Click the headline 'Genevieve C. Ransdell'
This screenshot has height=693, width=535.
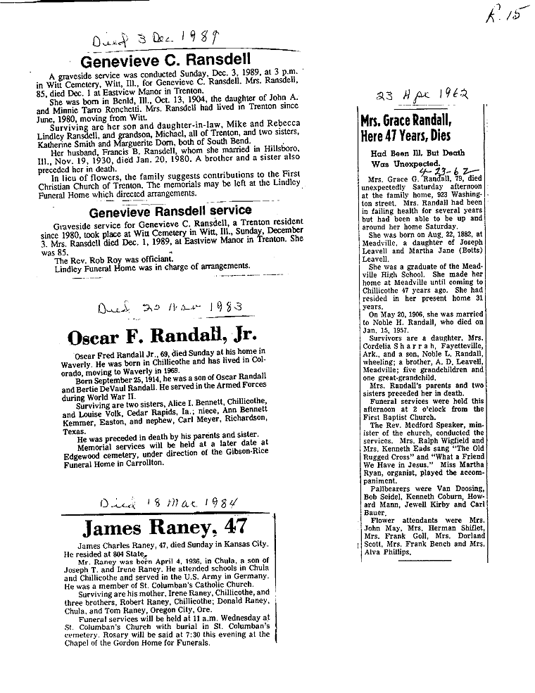point(167,61)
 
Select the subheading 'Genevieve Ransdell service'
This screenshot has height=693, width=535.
point(170,210)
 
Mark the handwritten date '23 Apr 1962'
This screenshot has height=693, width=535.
point(430,94)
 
